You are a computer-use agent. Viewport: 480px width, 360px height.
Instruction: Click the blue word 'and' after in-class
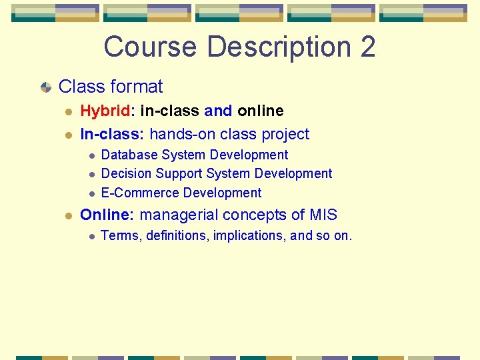218,111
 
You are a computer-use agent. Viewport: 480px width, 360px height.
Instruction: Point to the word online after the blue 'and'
261,111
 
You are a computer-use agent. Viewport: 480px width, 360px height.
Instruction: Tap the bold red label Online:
107,215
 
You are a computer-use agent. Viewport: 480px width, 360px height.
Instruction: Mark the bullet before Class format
45,87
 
